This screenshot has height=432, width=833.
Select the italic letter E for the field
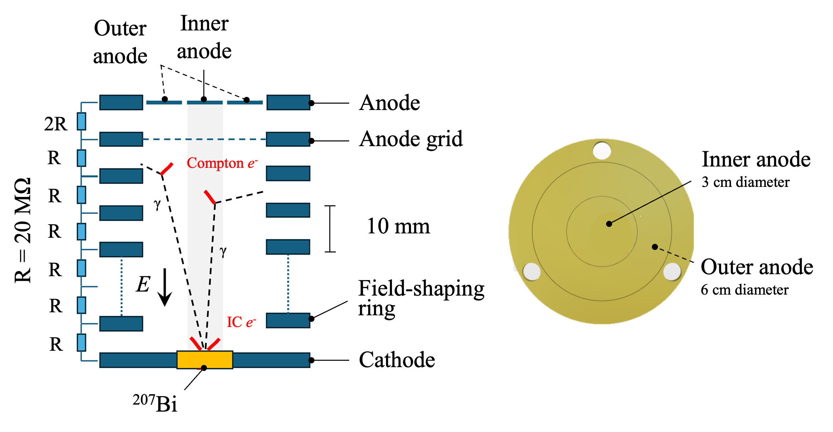coord(143,285)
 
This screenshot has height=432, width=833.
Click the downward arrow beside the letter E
coord(164,288)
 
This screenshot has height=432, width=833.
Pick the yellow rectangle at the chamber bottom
coord(204,359)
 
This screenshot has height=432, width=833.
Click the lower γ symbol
coord(223,251)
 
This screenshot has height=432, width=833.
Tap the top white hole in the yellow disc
coord(602,150)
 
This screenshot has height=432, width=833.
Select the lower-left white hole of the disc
coord(531,272)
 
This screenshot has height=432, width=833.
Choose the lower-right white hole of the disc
coord(672,272)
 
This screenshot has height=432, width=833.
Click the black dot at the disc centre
coord(609,224)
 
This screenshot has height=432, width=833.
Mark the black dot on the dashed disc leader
coord(655,247)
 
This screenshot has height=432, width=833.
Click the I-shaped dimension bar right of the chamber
coord(330,229)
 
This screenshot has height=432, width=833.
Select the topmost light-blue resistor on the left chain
coord(82,121)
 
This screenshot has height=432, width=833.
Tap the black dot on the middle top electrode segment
coord(204,99)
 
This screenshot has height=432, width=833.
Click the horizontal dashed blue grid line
coord(204,139)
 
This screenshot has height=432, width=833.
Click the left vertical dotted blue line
coord(121,286)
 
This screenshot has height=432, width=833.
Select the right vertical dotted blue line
coord(288,284)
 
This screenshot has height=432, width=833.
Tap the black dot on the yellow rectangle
coord(204,368)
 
